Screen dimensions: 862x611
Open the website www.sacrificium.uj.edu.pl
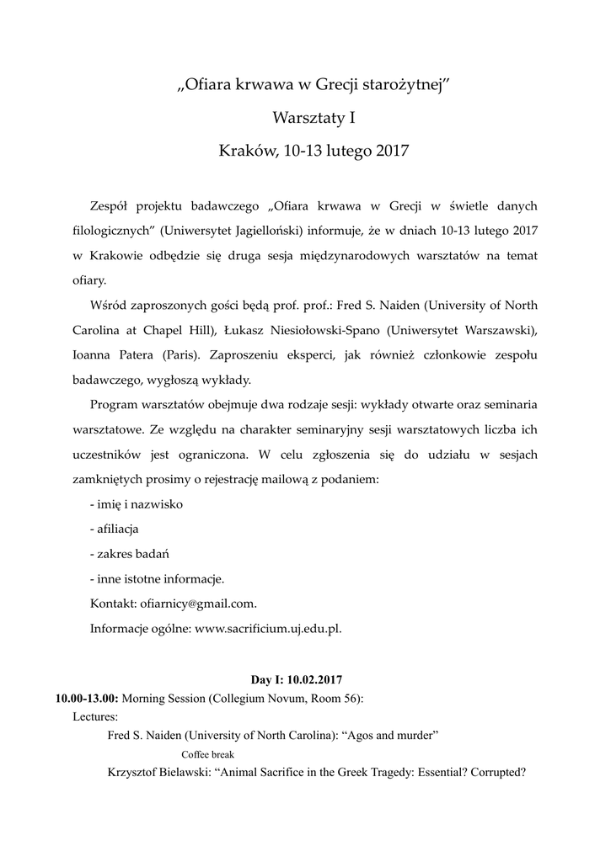(268, 627)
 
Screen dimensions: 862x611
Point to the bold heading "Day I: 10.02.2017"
(297, 678)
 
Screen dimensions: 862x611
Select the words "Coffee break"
(207, 754)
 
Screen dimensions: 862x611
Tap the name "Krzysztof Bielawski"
(159, 773)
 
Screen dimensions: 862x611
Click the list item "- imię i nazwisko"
(136, 504)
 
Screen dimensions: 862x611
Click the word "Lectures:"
(95, 716)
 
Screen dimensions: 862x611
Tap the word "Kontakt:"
(112, 604)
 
